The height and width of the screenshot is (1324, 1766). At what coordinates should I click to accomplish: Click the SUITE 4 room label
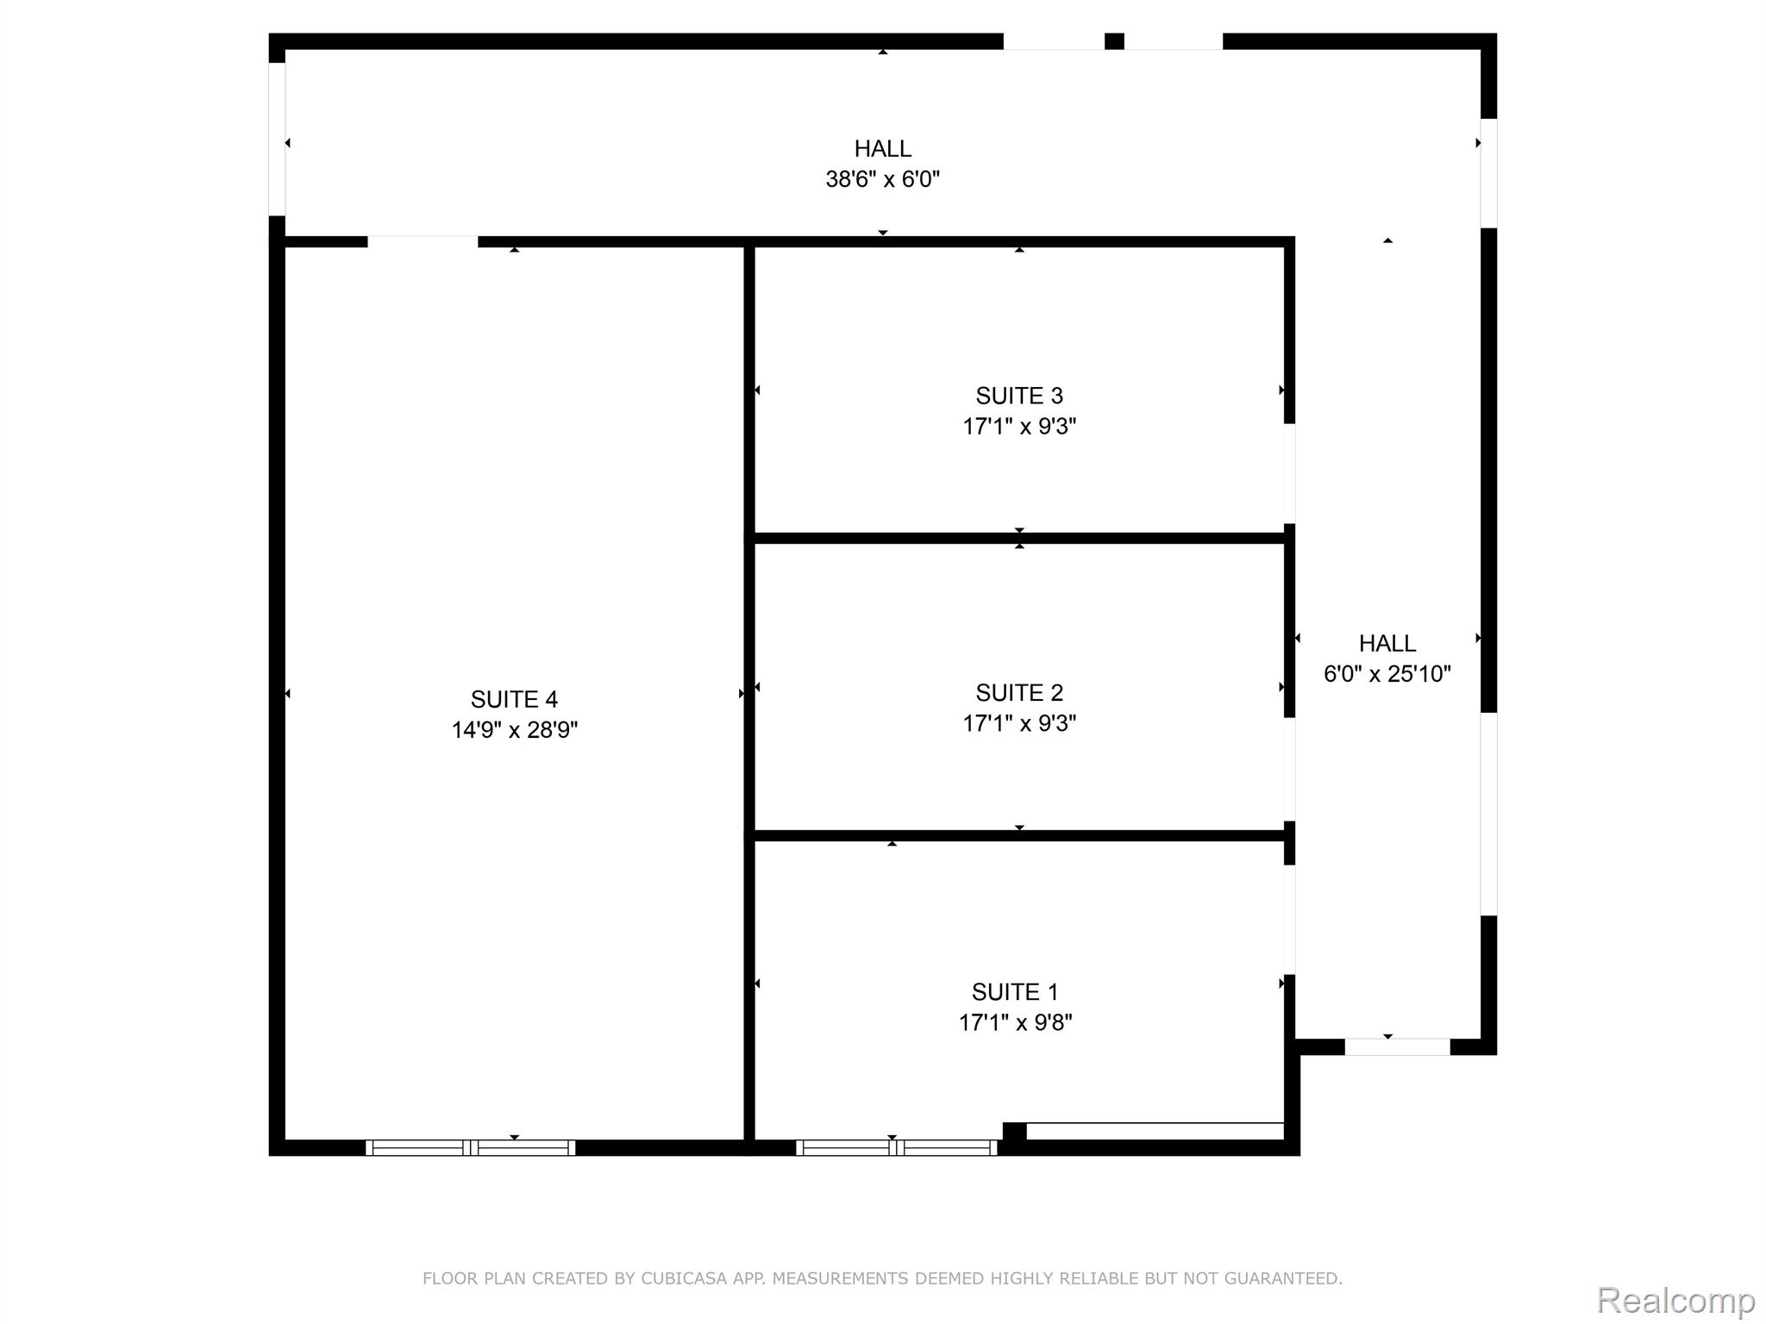514,699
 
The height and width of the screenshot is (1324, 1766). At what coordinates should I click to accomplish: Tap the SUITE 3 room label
1018,396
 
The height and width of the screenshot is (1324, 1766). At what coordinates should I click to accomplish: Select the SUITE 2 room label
1018,692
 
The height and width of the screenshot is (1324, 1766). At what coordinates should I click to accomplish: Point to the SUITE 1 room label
1015,992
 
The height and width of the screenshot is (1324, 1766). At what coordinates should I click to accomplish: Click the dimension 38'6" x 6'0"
882,179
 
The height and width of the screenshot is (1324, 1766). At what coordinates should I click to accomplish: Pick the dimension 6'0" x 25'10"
1387,674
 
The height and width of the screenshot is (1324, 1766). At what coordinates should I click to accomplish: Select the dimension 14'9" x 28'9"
514,730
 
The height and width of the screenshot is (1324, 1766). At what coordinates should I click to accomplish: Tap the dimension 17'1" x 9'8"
1015,1022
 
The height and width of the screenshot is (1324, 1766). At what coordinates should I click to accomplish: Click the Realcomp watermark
1675,1301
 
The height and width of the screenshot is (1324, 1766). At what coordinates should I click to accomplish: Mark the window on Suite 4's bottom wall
470,1147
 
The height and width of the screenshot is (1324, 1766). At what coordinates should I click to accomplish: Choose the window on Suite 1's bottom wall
896,1147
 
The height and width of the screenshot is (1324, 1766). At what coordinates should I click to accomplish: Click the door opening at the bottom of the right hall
1397,1046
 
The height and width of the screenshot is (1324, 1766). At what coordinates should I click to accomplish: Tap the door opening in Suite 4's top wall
423,241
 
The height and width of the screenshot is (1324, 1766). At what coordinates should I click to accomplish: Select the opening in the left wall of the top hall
277,139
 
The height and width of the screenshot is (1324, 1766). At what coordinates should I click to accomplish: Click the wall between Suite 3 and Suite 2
1018,538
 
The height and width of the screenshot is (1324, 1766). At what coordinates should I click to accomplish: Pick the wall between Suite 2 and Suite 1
1018,835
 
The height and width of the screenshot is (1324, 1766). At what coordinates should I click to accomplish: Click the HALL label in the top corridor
882,148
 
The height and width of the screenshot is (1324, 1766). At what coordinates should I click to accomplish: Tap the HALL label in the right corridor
1387,643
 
